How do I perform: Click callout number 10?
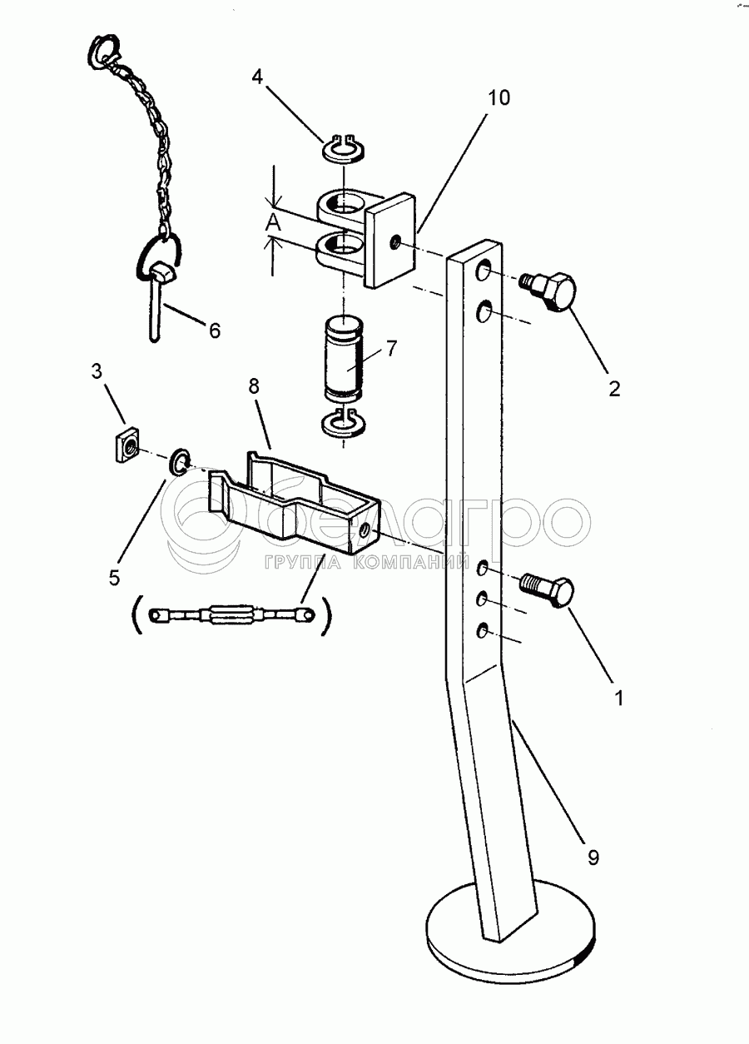(499, 98)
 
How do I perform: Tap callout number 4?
(258, 77)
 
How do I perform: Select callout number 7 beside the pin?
(391, 348)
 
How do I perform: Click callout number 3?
(97, 371)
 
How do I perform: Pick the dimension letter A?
(274, 224)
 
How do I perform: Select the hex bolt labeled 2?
(549, 291)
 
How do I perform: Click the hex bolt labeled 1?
(548, 590)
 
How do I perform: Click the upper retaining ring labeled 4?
(345, 148)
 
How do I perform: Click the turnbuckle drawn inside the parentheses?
(231, 615)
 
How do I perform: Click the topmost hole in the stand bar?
(483, 271)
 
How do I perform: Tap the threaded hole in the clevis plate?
(395, 241)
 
